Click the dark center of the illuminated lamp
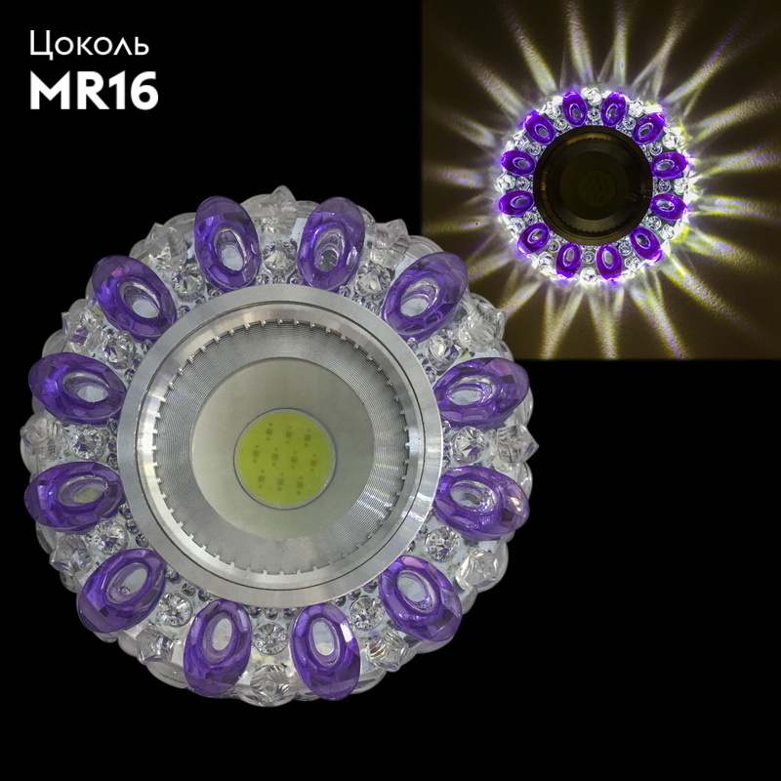coord(593,185)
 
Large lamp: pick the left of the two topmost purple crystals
coord(226,244)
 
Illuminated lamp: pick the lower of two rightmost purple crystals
coord(668,206)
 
